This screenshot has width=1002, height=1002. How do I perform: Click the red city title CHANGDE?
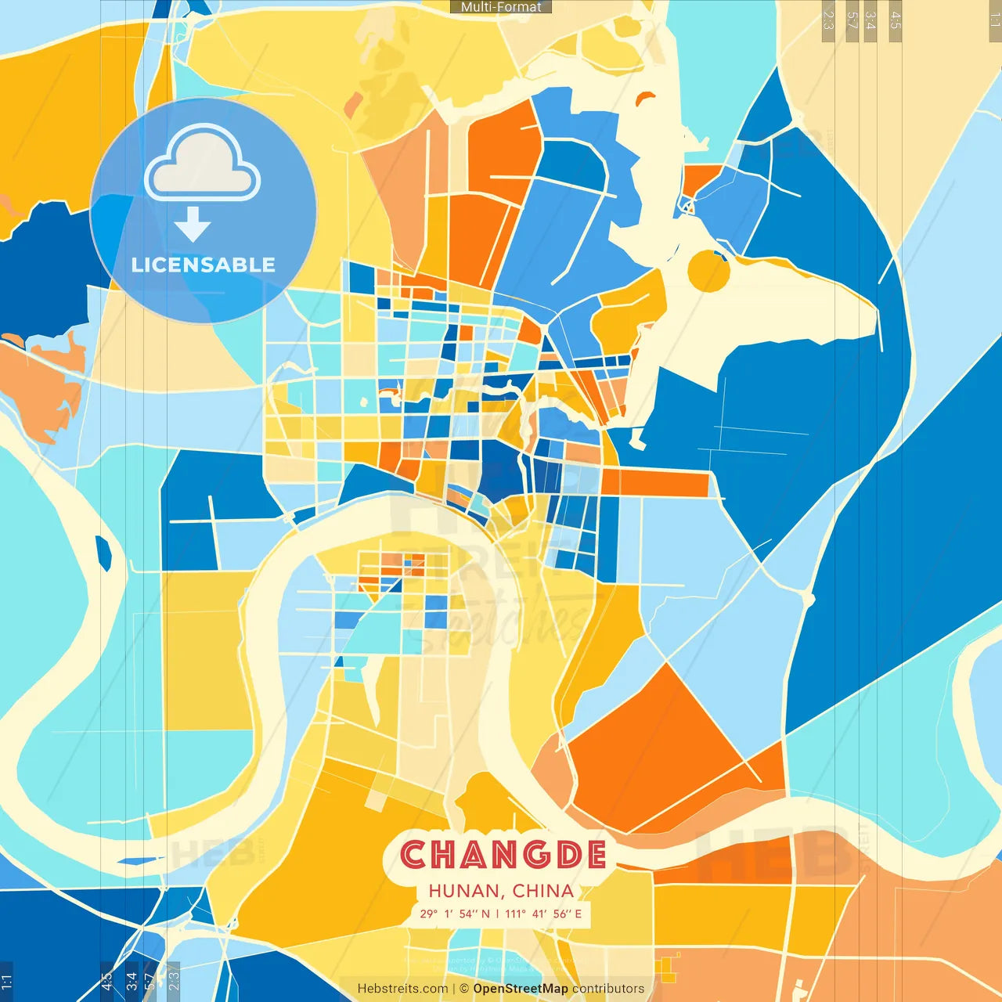[x=503, y=854]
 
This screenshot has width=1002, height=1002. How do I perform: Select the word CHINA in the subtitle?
[x=543, y=891]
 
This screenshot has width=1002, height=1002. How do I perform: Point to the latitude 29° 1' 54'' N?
[x=454, y=914]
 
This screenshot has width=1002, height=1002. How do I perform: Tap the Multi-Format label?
[x=501, y=7]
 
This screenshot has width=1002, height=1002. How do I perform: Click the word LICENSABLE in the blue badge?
[x=204, y=265]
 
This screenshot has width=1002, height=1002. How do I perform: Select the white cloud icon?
[x=203, y=164]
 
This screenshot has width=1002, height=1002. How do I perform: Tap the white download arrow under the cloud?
[x=193, y=225]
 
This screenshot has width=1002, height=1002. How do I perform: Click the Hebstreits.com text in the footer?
[x=402, y=989]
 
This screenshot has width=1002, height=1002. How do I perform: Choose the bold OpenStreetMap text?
[x=521, y=989]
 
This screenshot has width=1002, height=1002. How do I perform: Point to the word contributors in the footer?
[x=608, y=989]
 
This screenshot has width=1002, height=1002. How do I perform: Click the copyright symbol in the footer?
[x=464, y=989]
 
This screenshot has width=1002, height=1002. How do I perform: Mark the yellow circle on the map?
[x=708, y=271]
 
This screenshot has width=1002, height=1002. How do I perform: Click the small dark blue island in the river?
[x=103, y=553]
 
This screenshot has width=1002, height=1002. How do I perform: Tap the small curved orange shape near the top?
[x=645, y=98]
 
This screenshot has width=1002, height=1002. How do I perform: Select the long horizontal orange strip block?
[x=656, y=483]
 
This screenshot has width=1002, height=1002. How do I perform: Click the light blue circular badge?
[x=204, y=210]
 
